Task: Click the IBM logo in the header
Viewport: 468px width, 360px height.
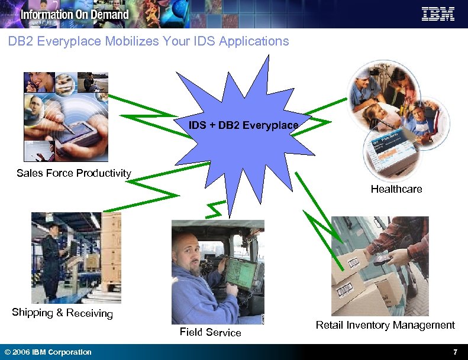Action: (438, 14)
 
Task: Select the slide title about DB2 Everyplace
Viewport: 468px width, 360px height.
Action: (149, 41)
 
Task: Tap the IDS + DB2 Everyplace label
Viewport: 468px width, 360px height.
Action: (243, 125)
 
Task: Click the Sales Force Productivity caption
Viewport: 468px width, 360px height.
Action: (74, 173)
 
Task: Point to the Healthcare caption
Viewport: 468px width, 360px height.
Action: (396, 189)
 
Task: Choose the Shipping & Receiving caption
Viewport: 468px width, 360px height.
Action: (62, 313)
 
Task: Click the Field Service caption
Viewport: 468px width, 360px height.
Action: (210, 332)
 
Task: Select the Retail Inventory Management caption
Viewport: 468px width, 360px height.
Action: (385, 325)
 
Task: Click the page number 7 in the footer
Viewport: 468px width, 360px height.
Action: (455, 352)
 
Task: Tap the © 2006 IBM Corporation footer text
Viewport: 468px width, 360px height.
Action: (48, 352)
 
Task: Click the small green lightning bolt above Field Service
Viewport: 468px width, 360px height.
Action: (215, 209)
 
